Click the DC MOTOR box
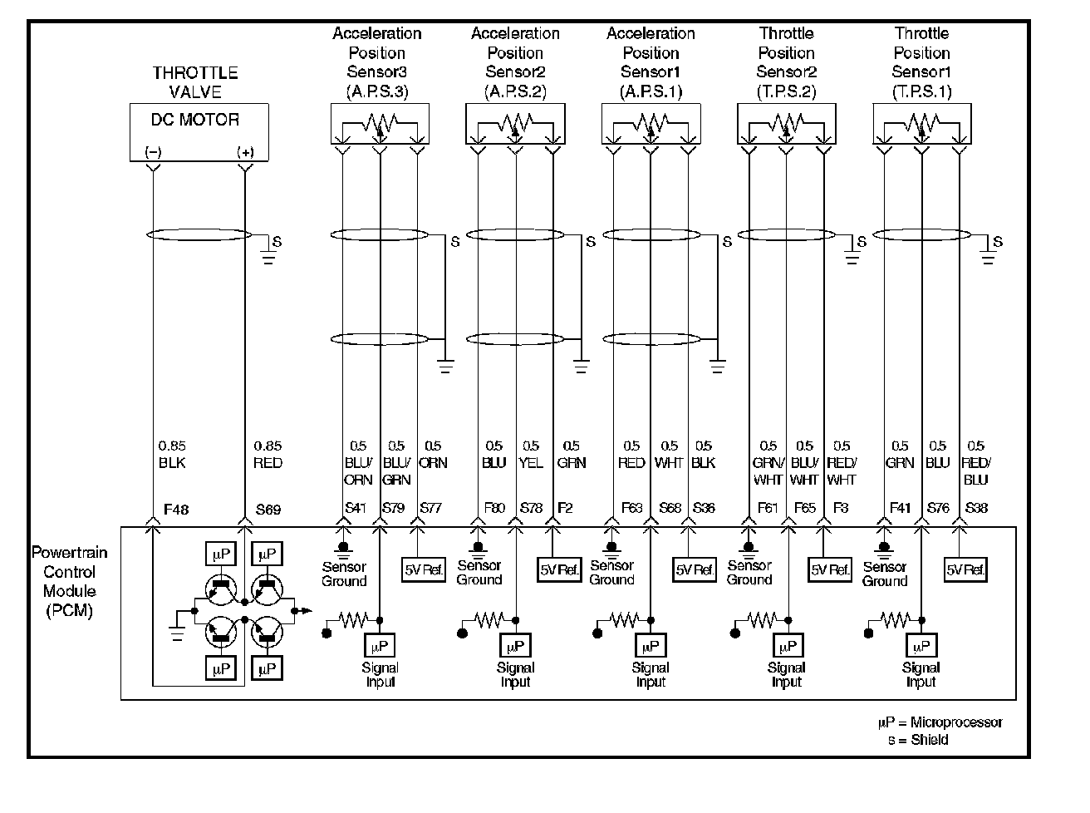coord(199,131)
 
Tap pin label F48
coord(176,510)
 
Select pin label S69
coord(268,510)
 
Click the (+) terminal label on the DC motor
coord(245,152)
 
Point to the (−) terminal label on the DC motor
coord(153,152)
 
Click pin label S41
coord(355,508)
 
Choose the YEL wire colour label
coord(531,463)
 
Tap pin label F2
coord(565,508)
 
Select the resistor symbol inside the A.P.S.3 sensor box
coord(380,124)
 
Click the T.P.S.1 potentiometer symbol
coord(921,124)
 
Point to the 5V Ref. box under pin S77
coord(424,569)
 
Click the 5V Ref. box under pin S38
coord(965,569)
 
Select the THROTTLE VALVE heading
coord(195,82)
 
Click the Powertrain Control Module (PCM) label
coord(69,581)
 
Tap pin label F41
coord(901,508)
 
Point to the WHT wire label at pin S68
coord(669,463)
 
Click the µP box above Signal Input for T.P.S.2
coord(786,645)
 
